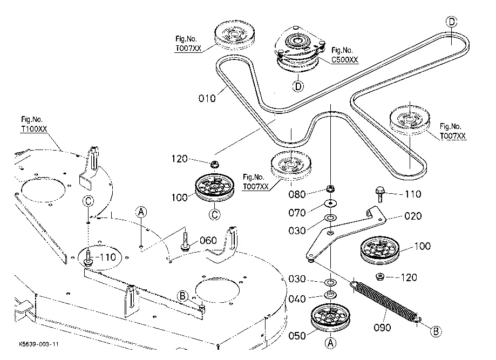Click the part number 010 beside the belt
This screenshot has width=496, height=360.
(x=207, y=98)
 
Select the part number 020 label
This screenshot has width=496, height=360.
(x=413, y=216)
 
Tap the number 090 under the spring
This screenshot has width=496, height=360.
(x=382, y=328)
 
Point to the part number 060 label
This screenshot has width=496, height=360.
(x=208, y=240)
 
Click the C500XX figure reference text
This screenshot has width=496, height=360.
(x=344, y=59)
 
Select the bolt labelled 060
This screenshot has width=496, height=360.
(x=185, y=241)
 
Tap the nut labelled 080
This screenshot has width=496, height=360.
(x=328, y=189)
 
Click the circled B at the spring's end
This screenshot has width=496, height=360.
(x=436, y=331)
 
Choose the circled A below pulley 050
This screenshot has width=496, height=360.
(x=330, y=342)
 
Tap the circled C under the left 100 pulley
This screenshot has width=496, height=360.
(x=215, y=214)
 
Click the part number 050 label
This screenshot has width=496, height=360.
(x=297, y=335)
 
